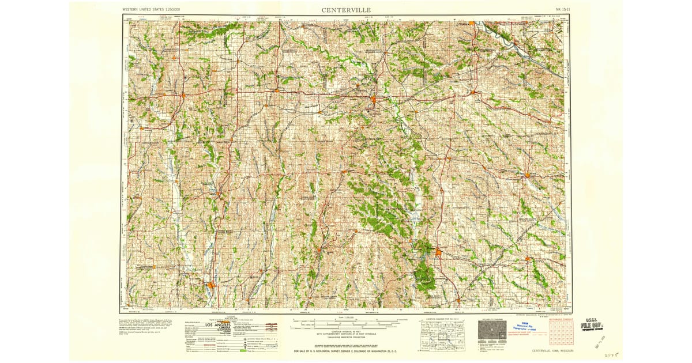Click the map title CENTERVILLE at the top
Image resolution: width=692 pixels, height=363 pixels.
[346, 10]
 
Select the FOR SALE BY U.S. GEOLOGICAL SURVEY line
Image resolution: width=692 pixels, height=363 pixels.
[345, 351]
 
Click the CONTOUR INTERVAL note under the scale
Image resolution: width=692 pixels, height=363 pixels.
[346, 332]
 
